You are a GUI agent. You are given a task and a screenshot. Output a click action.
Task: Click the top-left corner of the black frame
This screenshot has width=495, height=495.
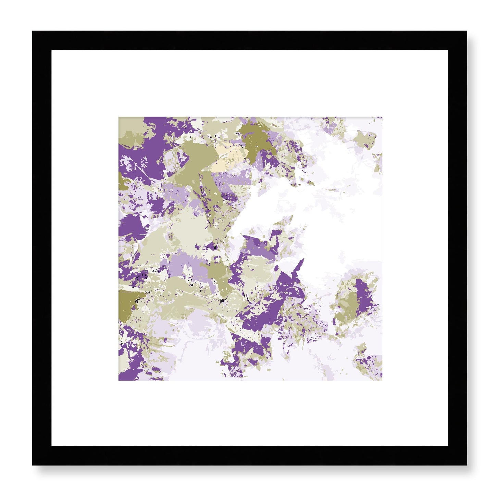tap(33, 32)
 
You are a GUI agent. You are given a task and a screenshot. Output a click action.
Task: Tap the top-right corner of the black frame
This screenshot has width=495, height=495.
tap(467, 32)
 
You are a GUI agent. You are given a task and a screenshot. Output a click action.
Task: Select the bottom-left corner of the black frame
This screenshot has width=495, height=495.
tap(33, 465)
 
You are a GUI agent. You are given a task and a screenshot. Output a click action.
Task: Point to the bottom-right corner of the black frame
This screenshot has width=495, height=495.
tap(467, 465)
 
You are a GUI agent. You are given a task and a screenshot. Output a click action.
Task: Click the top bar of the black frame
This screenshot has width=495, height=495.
tap(249, 41)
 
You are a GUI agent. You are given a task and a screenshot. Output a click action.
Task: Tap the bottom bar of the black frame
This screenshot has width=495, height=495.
tap(249, 456)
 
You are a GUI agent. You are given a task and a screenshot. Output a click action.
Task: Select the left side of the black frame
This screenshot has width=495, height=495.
tap(42, 248)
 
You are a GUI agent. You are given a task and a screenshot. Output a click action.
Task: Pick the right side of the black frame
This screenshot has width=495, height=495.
tap(457, 248)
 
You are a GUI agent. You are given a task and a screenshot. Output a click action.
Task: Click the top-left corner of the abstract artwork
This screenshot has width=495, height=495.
tap(119, 117)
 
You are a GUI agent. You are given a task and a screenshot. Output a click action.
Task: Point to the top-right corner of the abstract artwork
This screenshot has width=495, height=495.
tap(382, 117)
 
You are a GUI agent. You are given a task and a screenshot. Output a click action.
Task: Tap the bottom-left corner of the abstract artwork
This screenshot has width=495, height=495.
tap(119, 380)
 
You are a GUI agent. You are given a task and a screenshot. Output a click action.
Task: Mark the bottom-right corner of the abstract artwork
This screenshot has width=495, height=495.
tap(382, 380)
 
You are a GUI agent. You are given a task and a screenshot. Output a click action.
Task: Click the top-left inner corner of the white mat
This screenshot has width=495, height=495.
tap(52, 51)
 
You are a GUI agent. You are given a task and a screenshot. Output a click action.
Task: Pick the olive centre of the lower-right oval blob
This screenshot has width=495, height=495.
tap(348, 307)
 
